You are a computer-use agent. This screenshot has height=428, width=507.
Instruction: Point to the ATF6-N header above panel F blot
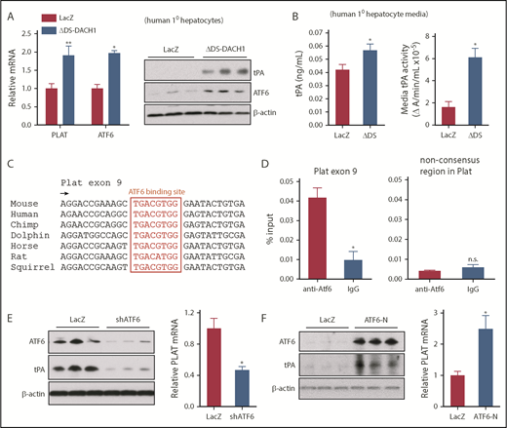coord(374,321)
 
